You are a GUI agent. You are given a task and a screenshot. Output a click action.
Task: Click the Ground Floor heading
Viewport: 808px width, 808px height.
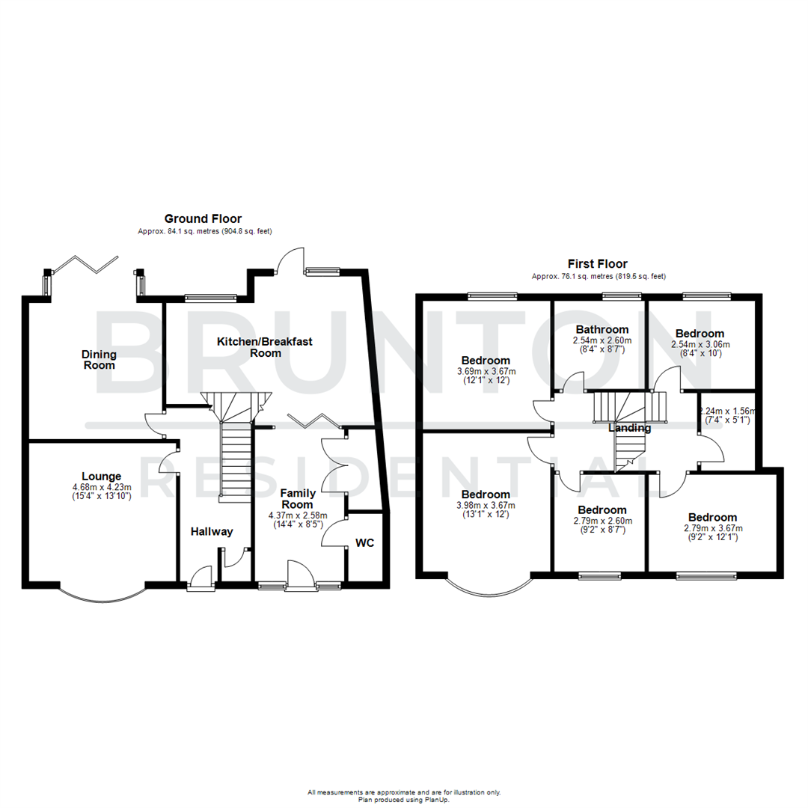tap(203, 218)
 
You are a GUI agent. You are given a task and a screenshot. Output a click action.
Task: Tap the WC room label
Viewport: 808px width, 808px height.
tap(364, 543)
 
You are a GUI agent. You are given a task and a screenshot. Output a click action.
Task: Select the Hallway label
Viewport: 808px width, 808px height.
tap(212, 532)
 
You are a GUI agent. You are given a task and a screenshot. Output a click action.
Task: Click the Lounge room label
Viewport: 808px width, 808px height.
tap(101, 476)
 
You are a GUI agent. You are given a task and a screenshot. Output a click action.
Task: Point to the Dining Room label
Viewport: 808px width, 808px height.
tap(99, 359)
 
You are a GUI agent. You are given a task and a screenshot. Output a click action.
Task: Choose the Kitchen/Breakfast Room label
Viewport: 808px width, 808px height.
tap(265, 347)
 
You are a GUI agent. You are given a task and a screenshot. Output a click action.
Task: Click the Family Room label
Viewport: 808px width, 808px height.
tap(297, 498)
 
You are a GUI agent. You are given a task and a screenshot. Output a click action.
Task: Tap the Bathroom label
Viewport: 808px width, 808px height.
tap(602, 329)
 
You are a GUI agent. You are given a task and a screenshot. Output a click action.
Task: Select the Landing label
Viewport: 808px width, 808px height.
tap(629, 429)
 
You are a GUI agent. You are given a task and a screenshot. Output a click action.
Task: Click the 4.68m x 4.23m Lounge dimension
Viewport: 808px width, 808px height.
tap(101, 486)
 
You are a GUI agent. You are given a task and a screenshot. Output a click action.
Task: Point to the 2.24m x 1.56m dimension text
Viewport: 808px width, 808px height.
tap(727, 411)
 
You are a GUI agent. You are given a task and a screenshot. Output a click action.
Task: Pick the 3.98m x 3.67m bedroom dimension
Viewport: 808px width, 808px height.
tap(486, 505)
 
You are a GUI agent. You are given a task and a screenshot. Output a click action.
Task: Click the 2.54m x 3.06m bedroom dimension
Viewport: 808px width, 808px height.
tap(700, 344)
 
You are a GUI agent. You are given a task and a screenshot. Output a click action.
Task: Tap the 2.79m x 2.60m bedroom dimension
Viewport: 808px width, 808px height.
tap(602, 521)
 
